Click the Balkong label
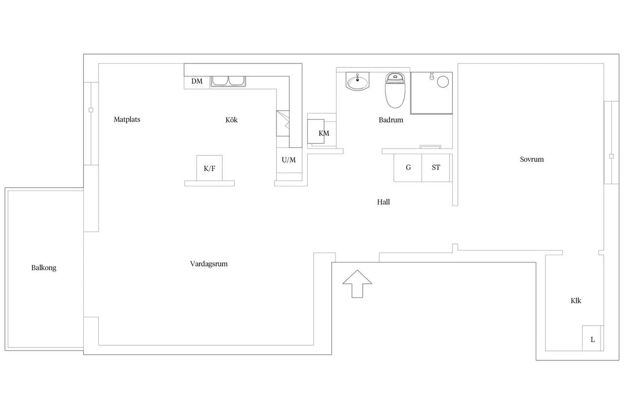(x=44, y=268)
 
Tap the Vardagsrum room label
(x=209, y=264)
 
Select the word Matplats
(x=127, y=119)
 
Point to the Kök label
(x=232, y=120)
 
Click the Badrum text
(x=391, y=120)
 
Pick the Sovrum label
(x=532, y=159)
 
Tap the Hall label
(x=383, y=202)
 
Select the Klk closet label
(x=576, y=300)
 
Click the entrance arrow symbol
(x=357, y=284)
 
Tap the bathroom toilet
(x=395, y=90)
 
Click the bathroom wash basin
(x=357, y=81)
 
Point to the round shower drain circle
(x=443, y=82)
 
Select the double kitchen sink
(x=228, y=81)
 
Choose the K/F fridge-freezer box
(x=210, y=168)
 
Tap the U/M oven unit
(x=289, y=160)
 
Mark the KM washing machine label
(x=324, y=133)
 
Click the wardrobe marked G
(x=408, y=168)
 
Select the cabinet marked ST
(x=436, y=168)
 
